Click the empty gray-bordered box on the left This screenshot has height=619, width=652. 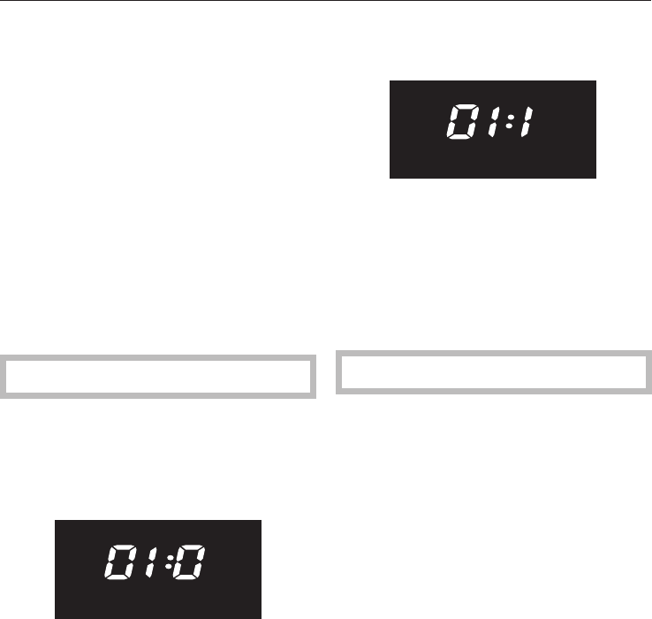coord(159,376)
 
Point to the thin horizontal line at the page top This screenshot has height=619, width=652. coord(326,1)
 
